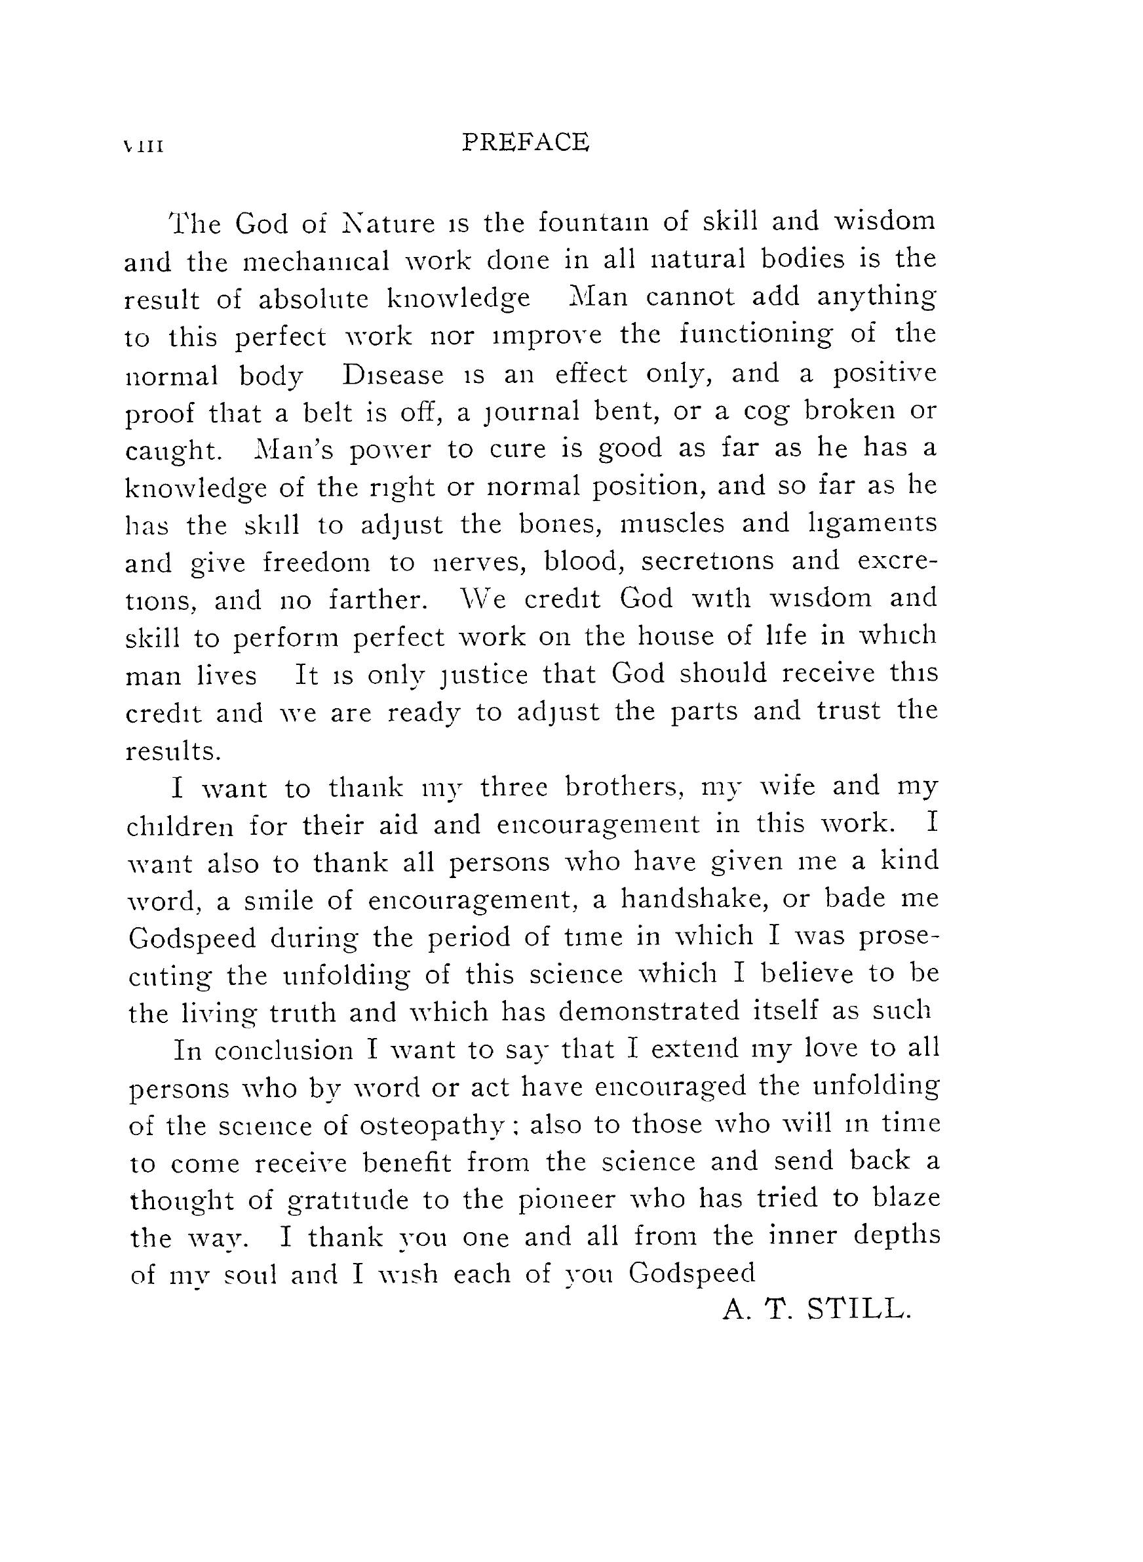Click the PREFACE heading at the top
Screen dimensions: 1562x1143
pos(525,142)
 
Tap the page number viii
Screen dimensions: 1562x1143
pos(142,147)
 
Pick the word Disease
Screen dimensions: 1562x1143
pos(393,374)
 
